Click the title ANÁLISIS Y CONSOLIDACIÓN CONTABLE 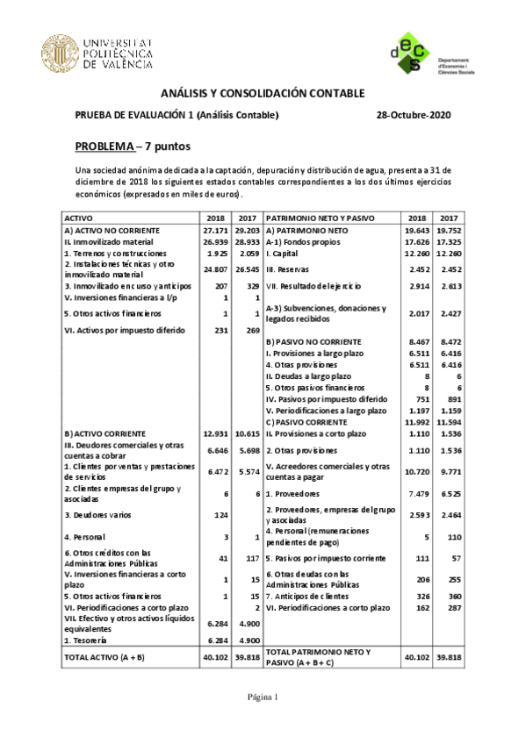coord(262,93)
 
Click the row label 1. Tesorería coord(87,640)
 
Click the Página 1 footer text coord(262,698)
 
